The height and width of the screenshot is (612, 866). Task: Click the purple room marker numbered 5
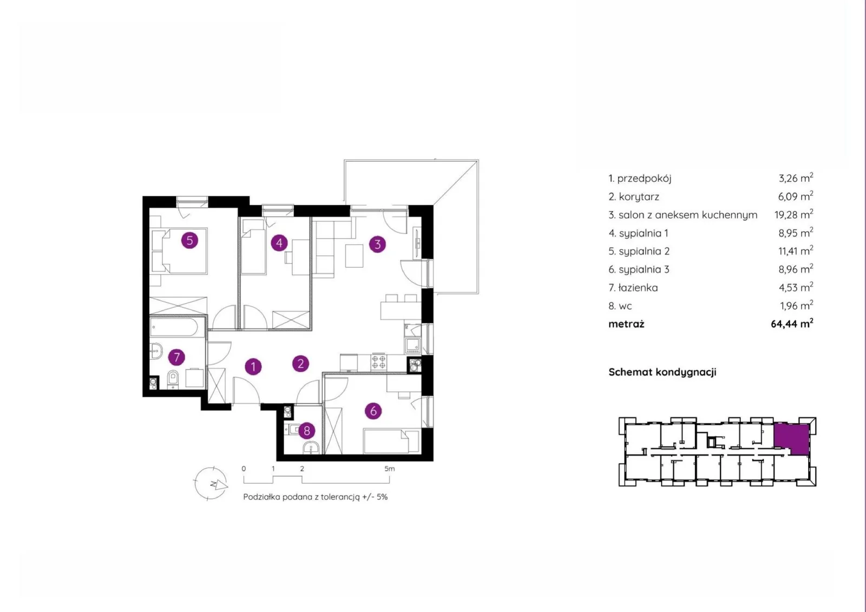coord(189,240)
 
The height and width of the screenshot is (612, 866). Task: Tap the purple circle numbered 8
coord(307,430)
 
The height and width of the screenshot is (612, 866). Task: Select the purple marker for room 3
coord(377,244)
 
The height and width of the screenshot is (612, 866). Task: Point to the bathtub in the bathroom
coord(178,327)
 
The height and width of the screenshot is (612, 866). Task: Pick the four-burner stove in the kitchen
coord(378,362)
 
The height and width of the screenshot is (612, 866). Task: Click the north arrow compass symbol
coord(211,483)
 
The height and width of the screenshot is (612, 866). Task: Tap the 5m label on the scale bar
coord(389,469)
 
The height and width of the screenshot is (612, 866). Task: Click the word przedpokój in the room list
coord(644,178)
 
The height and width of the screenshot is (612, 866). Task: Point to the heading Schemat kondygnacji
coord(662,372)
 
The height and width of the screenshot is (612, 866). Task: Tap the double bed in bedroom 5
coord(185,251)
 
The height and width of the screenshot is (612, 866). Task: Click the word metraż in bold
coord(626,324)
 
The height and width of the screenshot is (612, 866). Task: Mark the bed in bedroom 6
coord(391,441)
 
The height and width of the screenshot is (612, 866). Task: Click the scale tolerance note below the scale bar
coord(315,497)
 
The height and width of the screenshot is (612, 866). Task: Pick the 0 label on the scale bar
coord(244,469)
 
